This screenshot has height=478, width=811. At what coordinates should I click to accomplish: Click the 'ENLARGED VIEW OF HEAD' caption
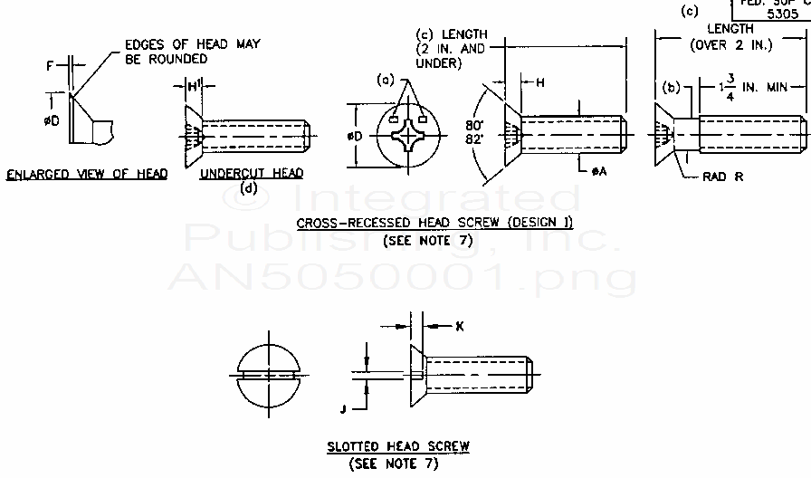point(87,174)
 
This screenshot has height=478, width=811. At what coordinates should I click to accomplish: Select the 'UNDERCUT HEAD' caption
point(252,173)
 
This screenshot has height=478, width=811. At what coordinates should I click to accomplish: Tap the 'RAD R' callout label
point(722,177)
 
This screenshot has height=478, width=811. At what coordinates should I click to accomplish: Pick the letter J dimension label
point(342,408)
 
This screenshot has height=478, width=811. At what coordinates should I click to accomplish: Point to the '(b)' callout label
point(672,87)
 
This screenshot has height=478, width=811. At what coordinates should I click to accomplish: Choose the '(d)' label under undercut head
point(251,189)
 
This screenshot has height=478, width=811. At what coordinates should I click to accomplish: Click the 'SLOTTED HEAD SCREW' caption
point(398,446)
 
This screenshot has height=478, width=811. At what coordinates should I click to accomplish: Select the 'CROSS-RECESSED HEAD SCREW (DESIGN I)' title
point(434,223)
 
